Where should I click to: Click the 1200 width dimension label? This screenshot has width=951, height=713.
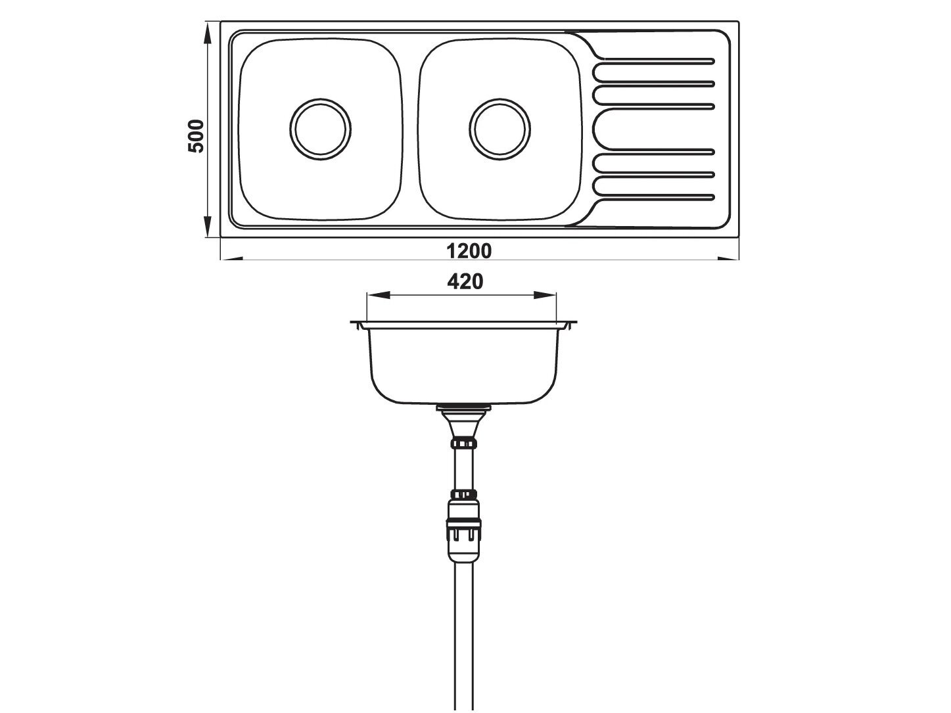(469, 250)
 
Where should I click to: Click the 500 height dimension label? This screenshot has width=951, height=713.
(197, 136)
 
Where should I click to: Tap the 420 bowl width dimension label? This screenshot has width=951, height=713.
(465, 281)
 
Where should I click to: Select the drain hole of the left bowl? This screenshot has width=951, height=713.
(320, 129)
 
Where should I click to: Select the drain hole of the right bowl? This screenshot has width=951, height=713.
(499, 129)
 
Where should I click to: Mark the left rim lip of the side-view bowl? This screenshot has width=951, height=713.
(359, 325)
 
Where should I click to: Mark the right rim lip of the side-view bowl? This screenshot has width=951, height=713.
(569, 325)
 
